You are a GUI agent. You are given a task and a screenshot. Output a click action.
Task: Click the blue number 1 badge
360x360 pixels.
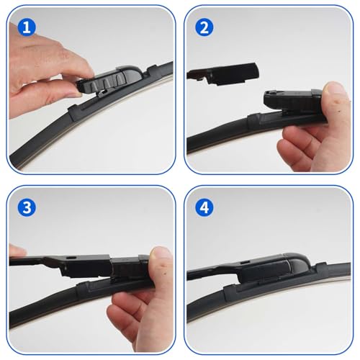[x=27, y=27]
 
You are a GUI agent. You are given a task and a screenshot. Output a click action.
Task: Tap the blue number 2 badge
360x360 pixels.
[x=204, y=27]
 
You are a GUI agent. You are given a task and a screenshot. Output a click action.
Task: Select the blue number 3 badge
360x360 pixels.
[x=27, y=207]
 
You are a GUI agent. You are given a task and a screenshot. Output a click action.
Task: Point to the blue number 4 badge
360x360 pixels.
[x=204, y=207]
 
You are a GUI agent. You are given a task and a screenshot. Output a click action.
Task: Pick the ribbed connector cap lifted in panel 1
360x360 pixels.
[x=109, y=79]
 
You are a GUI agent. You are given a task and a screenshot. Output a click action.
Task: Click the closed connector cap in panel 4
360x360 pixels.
[x=276, y=268]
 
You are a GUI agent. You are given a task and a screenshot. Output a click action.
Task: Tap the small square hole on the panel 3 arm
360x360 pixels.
[x=71, y=258]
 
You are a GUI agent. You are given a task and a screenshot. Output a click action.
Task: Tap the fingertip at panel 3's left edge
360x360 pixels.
[x=17, y=251]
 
